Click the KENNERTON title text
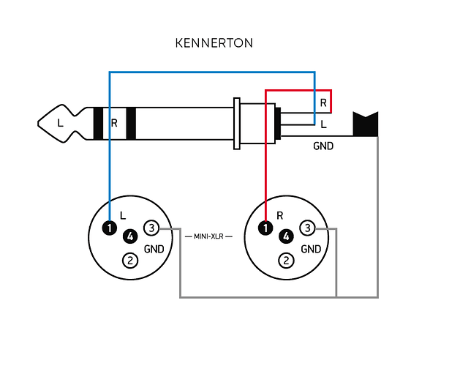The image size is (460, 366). (214, 43)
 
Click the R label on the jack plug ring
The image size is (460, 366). (114, 123)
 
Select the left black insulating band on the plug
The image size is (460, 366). (99, 123)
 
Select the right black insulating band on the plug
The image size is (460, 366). (131, 123)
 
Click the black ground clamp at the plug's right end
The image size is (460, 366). (364, 124)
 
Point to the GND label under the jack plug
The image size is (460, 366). (323, 146)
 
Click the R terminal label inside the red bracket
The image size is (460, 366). (323, 102)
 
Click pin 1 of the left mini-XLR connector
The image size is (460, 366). (109, 228)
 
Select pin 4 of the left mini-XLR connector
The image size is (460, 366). (130, 236)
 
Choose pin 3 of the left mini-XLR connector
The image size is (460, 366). (151, 228)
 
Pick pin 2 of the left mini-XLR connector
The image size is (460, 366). (130, 259)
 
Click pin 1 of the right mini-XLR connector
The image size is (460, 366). (265, 228)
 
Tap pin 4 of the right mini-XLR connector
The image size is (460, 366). (287, 236)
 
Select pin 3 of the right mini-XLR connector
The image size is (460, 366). (308, 228)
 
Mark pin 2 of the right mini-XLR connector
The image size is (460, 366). (287, 259)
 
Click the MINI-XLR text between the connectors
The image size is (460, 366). (208, 237)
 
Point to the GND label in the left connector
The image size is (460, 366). (154, 249)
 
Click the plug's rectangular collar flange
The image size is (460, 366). (236, 123)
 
